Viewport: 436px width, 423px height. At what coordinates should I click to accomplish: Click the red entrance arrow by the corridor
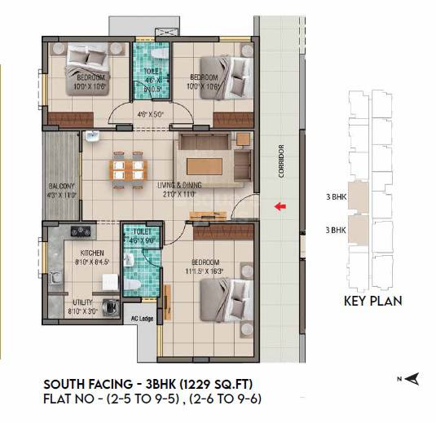[280, 207]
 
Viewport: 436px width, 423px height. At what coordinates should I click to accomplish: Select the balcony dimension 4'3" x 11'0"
[62, 195]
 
